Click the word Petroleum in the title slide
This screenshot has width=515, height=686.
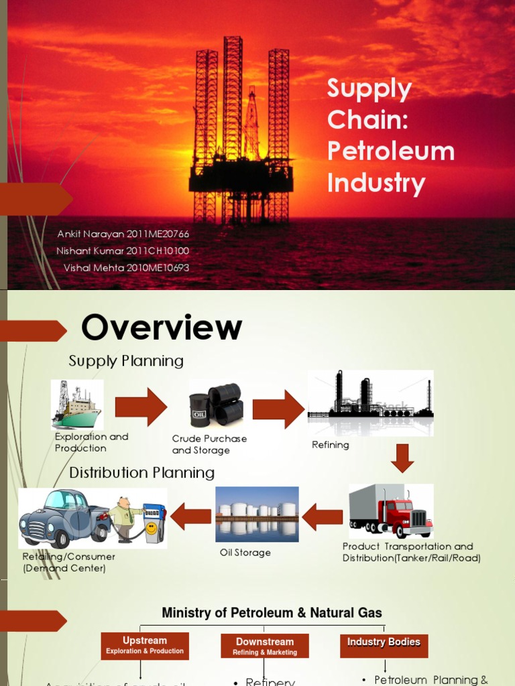click(390, 151)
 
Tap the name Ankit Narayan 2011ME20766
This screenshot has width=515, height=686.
click(124, 234)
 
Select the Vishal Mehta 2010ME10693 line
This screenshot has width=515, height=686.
click(126, 267)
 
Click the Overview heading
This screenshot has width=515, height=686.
click(162, 328)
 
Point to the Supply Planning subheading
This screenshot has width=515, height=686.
click(126, 361)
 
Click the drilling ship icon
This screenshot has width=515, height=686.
click(77, 405)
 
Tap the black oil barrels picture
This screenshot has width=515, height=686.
click(216, 403)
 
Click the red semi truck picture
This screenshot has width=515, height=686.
click(391, 510)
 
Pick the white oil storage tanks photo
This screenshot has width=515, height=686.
click(257, 514)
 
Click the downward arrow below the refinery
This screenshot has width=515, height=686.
click(402, 458)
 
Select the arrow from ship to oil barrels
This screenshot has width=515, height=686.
click(141, 407)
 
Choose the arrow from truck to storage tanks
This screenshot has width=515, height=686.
click(323, 517)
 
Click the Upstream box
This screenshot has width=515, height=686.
click(144, 645)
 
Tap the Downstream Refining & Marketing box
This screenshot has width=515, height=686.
click(265, 646)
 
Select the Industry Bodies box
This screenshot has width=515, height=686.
click(384, 642)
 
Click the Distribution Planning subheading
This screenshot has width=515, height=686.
click(142, 473)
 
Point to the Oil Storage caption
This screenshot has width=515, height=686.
click(245, 553)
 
